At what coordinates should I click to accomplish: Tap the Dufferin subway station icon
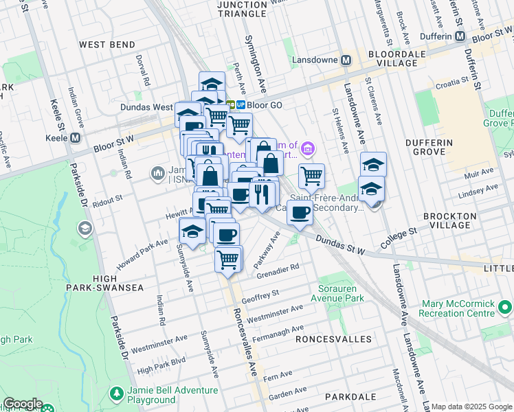tap(460, 36)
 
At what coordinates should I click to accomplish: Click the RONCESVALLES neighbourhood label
tap(333, 339)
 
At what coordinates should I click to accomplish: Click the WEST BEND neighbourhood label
tap(107, 45)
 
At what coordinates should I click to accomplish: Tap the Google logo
tap(23, 404)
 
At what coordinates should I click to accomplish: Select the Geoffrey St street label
tap(260, 293)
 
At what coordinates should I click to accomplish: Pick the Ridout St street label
tap(108, 197)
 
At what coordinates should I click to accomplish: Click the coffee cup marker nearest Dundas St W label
tap(300, 214)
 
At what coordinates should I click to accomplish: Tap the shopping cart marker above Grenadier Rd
tap(228, 260)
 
